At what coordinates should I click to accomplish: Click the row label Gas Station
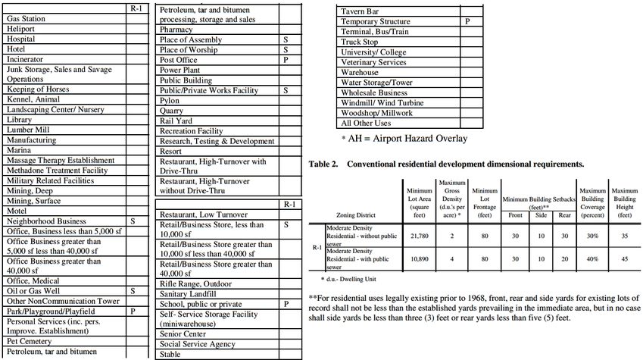coord(27,17)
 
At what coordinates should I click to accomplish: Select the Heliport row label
coord(22,28)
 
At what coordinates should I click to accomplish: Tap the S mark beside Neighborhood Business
coord(132,221)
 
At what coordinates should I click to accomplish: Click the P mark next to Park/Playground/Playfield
coord(132,311)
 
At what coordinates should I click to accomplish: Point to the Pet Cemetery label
coord(30,342)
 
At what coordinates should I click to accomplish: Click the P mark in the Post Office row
coord(286,59)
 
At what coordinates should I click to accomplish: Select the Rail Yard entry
coord(177,121)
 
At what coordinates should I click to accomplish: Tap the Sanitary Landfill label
coord(189,294)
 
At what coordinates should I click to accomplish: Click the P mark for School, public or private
coord(286,304)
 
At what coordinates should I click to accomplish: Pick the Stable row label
coord(170,354)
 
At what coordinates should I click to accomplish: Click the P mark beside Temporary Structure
coord(467,22)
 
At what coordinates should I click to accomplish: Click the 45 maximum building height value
coord(624,258)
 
